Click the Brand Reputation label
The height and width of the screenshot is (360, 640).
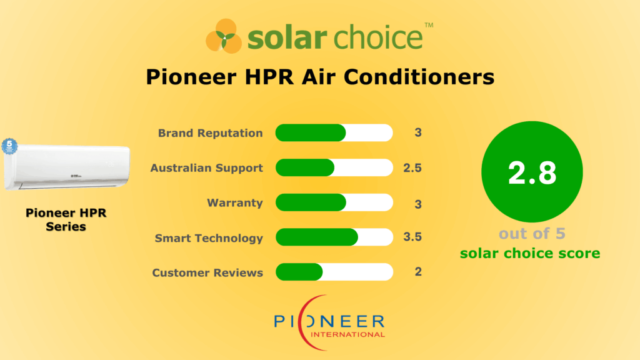pyautogui.click(x=210, y=133)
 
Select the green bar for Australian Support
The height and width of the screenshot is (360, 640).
pyautogui.click(x=304, y=168)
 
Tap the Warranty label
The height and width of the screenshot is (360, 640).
pyautogui.click(x=235, y=203)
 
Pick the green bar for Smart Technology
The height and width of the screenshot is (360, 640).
pyautogui.click(x=316, y=237)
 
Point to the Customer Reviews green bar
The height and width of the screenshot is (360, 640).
pyautogui.click(x=299, y=272)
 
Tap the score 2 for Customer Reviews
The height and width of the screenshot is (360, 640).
pyautogui.click(x=417, y=272)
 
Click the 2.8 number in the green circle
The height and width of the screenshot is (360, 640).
pyautogui.click(x=532, y=173)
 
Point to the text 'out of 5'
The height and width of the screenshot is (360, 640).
pyautogui.click(x=532, y=233)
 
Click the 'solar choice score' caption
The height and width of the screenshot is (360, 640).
pyautogui.click(x=530, y=253)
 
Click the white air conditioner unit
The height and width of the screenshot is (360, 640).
pyautogui.click(x=67, y=166)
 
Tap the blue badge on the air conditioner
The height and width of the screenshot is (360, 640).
pyautogui.click(x=9, y=146)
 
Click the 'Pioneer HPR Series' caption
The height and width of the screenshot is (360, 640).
pyautogui.click(x=66, y=219)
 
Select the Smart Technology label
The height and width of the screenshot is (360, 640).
pyautogui.click(x=209, y=238)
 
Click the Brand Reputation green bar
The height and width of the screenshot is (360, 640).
pyautogui.click(x=311, y=133)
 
